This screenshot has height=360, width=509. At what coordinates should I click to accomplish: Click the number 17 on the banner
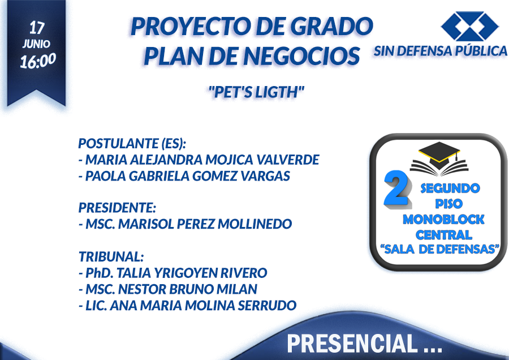click(x=37, y=28)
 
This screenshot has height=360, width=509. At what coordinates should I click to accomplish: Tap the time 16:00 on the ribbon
click(x=38, y=61)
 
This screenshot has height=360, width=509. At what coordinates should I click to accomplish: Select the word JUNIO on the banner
click(x=36, y=44)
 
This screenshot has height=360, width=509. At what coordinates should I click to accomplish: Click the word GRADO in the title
click(x=331, y=26)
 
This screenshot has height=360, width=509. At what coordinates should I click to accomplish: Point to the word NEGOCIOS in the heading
click(x=301, y=55)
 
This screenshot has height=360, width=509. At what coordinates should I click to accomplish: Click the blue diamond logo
click(x=469, y=26)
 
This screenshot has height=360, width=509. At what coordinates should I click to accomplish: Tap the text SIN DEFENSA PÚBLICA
click(x=440, y=51)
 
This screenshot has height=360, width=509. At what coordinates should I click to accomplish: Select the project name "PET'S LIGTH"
click(x=256, y=92)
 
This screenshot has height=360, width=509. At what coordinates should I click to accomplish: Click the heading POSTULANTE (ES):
click(x=132, y=143)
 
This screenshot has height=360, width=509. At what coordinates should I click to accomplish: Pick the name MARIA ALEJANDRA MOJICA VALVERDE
click(x=199, y=160)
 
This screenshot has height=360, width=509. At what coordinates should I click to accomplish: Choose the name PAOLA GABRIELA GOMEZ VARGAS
click(x=184, y=176)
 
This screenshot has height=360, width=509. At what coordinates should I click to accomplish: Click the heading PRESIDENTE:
click(x=118, y=208)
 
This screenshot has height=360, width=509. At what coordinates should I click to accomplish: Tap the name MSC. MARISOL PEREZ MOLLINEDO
click(x=186, y=224)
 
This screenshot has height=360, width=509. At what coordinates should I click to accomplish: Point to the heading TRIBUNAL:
click(x=111, y=256)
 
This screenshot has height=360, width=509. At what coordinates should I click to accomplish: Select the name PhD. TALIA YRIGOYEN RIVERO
click(x=173, y=273)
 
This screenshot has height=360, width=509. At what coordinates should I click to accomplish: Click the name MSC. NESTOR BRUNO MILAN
click(x=168, y=289)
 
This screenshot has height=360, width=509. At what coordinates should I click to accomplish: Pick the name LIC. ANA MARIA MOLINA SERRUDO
click(x=188, y=306)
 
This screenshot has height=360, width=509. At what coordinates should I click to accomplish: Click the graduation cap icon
click(x=439, y=157)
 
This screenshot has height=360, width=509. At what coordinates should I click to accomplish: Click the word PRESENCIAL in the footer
click(x=352, y=344)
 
